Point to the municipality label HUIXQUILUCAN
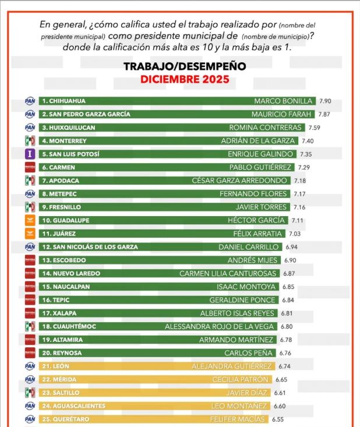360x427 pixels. coord(68,128)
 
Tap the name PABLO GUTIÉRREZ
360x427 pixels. coord(263,167)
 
